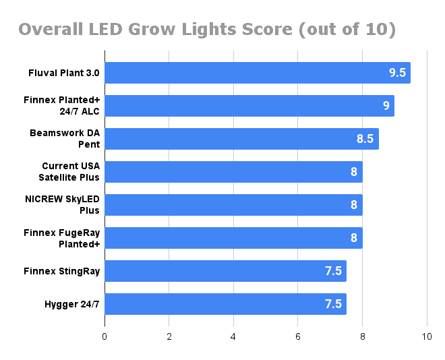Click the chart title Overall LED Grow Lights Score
pyautogui.click(x=206, y=30)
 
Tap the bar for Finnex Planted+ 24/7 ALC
pyautogui.click(x=249, y=106)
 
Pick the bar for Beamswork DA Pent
pyautogui.click(x=241, y=139)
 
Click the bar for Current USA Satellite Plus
pyautogui.click(x=233, y=172)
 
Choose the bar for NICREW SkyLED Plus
pyautogui.click(x=233, y=205)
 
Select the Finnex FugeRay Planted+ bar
pyautogui.click(x=233, y=238)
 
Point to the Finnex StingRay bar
pyautogui.click(x=225, y=271)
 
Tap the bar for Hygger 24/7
pyautogui.click(x=225, y=304)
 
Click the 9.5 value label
pyautogui.click(x=397, y=73)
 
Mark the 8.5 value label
pyautogui.click(x=365, y=139)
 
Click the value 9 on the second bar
pyautogui.click(x=386, y=106)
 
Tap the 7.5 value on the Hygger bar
pyautogui.click(x=333, y=304)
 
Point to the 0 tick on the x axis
pyautogui.click(x=105, y=336)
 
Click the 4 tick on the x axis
pyautogui.click(x=233, y=336)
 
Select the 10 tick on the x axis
pyautogui.click(x=426, y=336)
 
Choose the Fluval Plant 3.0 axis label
pyautogui.click(x=64, y=73)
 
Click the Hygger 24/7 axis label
pyautogui.click(x=71, y=304)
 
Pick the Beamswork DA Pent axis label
pyautogui.click(x=65, y=139)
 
